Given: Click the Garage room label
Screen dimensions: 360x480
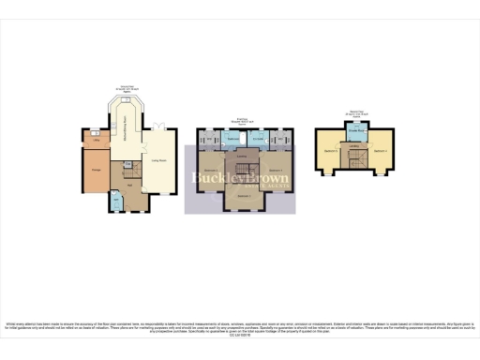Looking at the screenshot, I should [97, 169].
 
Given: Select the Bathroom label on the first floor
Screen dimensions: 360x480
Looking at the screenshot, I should [233, 139].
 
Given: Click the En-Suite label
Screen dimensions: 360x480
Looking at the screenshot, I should [265, 139].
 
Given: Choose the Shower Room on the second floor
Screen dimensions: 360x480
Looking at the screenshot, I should [355, 132].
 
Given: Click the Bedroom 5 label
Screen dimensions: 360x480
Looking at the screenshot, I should [330, 150].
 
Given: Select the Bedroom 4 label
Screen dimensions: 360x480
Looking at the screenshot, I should [380, 150].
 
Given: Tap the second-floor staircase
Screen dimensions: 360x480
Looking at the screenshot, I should [355, 162].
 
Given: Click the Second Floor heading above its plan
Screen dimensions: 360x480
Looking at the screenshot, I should [355, 113].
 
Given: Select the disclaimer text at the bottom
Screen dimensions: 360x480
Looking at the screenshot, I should [240, 327].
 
